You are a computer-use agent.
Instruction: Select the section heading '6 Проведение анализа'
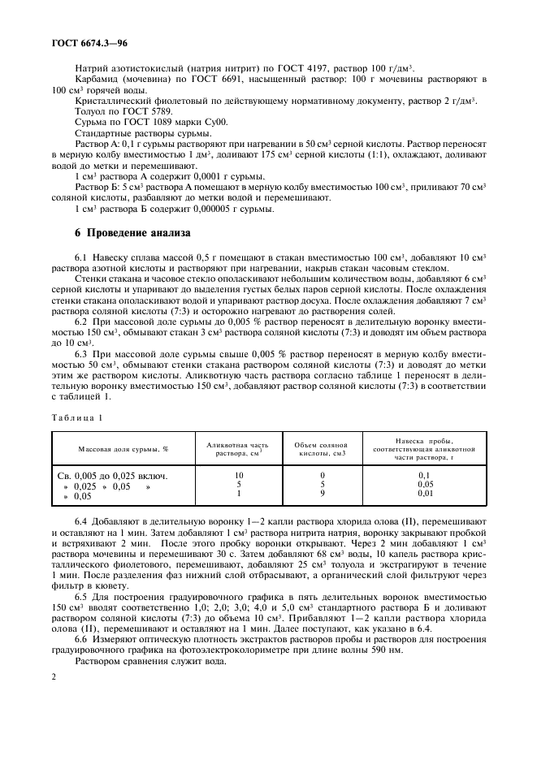pos(133,233)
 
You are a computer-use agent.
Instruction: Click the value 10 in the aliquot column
pos(239,475)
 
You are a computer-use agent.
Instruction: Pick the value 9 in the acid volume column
pos(322,493)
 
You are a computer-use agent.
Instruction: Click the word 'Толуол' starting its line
pos(91,110)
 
